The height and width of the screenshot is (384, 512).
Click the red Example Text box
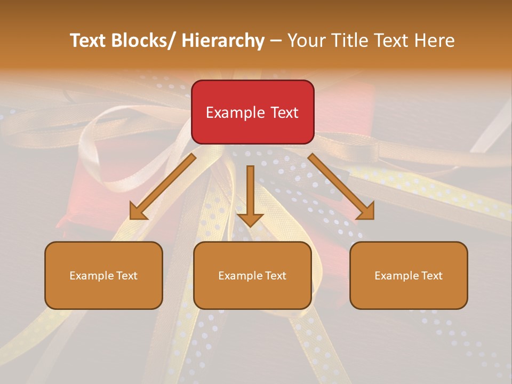[252, 112]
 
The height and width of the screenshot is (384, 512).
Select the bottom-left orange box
[103, 275]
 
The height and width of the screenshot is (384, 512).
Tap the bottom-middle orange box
[252, 275]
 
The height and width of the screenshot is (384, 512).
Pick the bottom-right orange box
[409, 275]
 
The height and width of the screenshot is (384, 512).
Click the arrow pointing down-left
[163, 187]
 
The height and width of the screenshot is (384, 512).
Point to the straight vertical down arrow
[250, 195]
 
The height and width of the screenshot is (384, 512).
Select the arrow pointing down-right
[341, 187]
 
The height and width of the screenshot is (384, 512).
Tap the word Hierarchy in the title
[223, 41]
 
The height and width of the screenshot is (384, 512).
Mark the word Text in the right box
[431, 276]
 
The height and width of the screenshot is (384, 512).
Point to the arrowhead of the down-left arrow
[138, 212]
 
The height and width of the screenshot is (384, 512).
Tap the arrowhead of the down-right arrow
[366, 212]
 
